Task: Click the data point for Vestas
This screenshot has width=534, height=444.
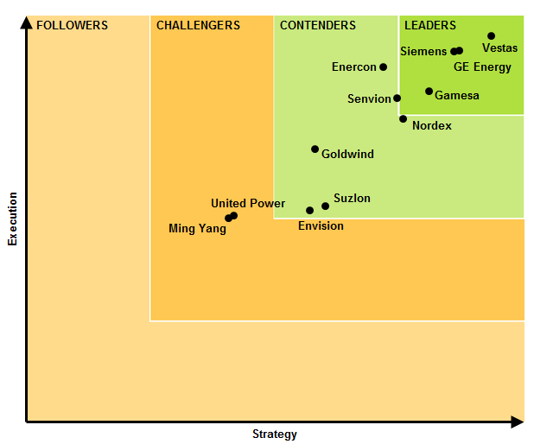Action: (491, 36)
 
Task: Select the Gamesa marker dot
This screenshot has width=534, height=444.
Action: (429, 91)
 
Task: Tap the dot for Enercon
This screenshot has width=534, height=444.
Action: (383, 67)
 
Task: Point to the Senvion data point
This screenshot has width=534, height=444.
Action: (397, 98)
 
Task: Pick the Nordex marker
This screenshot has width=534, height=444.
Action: (403, 118)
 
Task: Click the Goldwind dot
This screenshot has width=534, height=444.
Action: (315, 149)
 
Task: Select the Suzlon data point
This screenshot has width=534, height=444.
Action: (325, 206)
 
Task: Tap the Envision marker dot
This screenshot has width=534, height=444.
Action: (309, 210)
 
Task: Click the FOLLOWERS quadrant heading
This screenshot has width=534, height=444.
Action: (72, 25)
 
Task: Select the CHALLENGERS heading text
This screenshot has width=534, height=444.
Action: (198, 25)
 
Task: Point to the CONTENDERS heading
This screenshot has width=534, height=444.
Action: (317, 25)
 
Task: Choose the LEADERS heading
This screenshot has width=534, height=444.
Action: (430, 25)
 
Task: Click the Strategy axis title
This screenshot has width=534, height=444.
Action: (274, 434)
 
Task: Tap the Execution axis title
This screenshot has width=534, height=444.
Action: (12, 219)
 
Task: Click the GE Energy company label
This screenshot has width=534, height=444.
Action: (482, 67)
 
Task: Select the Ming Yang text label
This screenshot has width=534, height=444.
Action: (197, 229)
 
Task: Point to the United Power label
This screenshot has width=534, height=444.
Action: (248, 203)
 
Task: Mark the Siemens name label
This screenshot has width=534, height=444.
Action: (423, 52)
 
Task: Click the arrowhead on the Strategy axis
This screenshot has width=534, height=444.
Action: (517, 422)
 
